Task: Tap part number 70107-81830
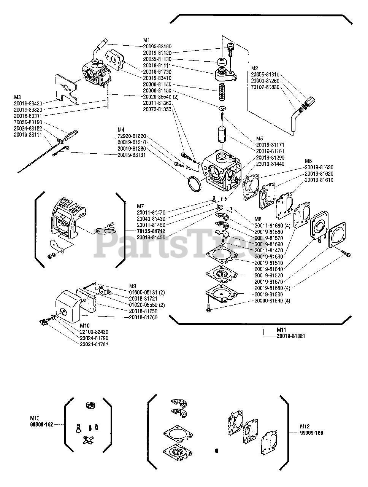pos(265,87)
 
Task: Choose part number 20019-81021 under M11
pos(290,336)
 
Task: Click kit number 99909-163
pos(314,433)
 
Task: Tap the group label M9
pos(133,286)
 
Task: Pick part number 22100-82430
pos(94,332)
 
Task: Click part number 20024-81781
pos(94,344)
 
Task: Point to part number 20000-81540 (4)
pos(272,301)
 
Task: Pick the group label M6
pos(309,161)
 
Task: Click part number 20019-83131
pos(132,155)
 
